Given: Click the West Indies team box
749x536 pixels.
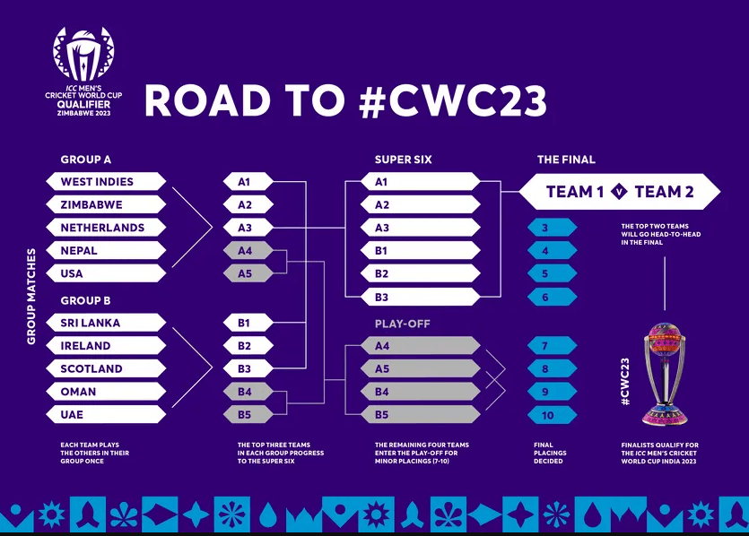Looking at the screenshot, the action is [106, 181].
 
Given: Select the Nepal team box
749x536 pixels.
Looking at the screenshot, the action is [106, 250].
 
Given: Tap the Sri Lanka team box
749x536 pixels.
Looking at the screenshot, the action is [106, 323].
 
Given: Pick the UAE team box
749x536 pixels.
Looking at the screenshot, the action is [106, 414].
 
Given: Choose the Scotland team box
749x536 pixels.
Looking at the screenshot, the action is [106, 368].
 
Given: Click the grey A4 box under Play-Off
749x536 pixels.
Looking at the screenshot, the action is [421, 346].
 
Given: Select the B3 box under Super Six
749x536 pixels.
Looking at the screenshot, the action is [421, 297].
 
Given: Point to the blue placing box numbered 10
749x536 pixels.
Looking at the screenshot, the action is [553, 415].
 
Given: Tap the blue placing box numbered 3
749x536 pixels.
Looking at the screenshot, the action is [553, 227].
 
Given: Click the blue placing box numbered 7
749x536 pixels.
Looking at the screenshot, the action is [553, 345].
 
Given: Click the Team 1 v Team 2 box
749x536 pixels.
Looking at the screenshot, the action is [620, 192].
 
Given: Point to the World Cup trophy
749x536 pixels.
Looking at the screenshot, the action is [665, 374].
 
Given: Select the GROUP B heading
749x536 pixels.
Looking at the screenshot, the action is [85, 300].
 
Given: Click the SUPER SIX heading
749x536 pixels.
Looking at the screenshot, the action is [403, 160].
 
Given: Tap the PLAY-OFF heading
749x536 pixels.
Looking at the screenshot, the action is [402, 324].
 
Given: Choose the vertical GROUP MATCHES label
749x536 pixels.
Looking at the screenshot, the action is [31, 297].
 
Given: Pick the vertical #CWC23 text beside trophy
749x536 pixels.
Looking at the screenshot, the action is [625, 382].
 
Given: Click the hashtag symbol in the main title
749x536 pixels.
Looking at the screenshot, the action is [372, 100].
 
